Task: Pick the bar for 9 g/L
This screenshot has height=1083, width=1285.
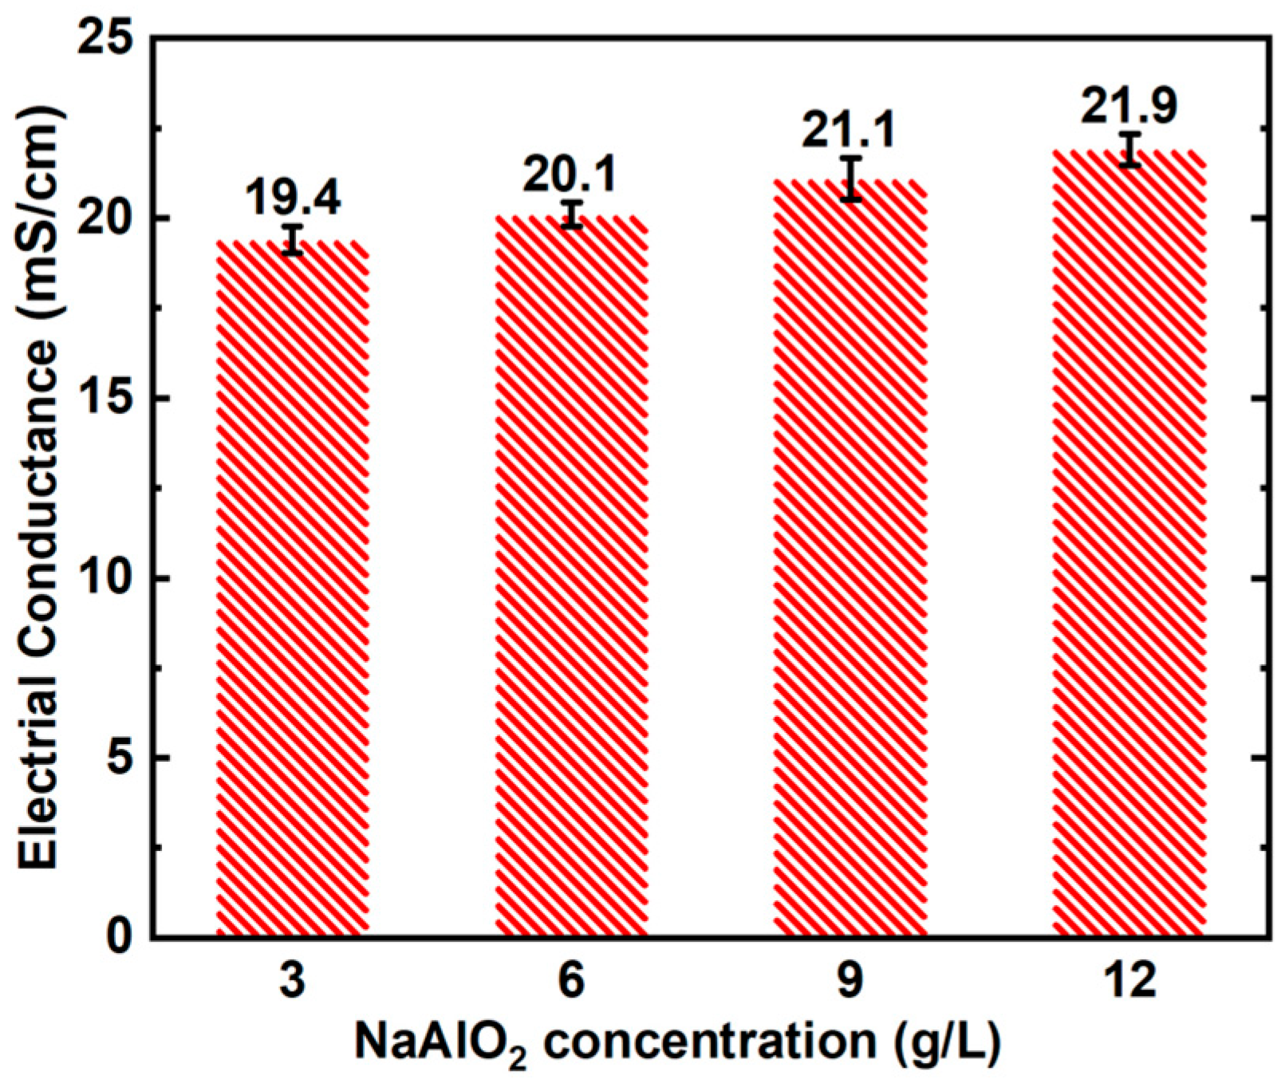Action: (x=850, y=558)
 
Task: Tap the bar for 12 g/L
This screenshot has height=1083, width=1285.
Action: (x=1129, y=543)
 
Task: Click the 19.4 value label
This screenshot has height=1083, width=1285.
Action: (x=293, y=198)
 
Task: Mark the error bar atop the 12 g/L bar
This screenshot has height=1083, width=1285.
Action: (x=1129, y=149)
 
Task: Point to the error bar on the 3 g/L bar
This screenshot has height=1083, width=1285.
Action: (x=294, y=240)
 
